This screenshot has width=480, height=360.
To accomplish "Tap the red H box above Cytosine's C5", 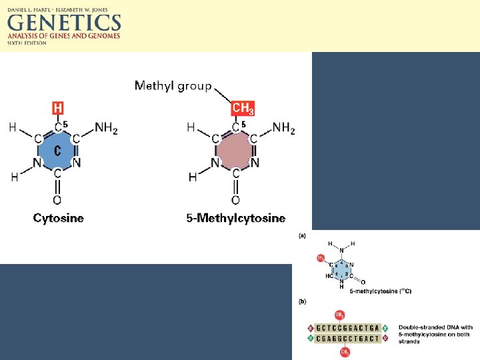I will click(59, 108).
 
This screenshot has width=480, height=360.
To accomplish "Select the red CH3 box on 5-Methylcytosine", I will click(243, 108).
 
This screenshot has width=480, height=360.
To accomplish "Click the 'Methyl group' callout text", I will click(173, 85).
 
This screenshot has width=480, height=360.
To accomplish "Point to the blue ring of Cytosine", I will click(58, 151).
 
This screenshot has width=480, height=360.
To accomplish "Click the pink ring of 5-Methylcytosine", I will click(236, 151).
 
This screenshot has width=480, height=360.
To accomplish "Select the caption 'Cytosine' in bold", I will click(59, 218).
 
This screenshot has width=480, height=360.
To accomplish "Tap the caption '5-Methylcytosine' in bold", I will click(236, 218).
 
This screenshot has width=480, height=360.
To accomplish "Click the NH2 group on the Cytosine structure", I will click(107, 128).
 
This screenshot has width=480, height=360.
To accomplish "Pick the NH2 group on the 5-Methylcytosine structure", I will click(284, 128).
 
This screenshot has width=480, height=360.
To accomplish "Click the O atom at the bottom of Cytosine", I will click(57, 200).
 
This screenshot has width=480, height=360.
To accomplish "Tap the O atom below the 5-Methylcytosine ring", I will click(235, 200).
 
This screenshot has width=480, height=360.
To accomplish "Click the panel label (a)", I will click(303, 235).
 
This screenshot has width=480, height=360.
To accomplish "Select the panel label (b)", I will click(303, 302).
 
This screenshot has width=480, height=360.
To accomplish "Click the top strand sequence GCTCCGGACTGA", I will click(348, 328).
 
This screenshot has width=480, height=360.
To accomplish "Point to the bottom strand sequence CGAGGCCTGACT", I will click(348, 339).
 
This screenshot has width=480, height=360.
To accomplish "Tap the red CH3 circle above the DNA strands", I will click(339, 315).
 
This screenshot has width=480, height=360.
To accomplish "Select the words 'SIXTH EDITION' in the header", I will click(27, 43).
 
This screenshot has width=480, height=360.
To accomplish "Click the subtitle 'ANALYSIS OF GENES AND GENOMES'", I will click(64, 36).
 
